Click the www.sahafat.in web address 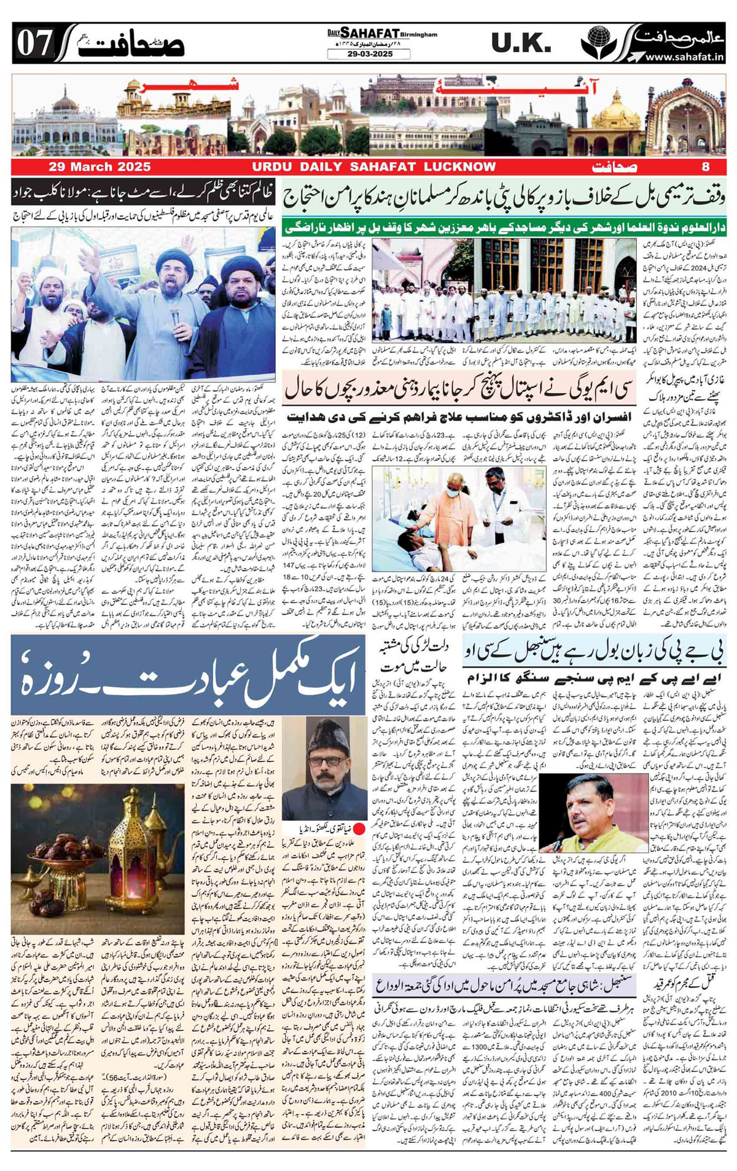[684, 57]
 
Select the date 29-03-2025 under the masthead [368, 55]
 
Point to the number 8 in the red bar [706, 167]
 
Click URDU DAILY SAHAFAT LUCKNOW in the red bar [373, 167]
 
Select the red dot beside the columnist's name [359, 830]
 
